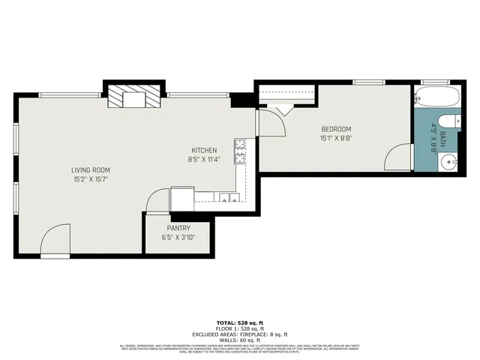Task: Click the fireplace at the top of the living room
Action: [x=133, y=97]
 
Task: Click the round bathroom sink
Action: [x=449, y=160]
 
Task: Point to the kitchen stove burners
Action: [x=240, y=151]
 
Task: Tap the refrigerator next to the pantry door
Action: [x=182, y=199]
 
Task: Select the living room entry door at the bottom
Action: [x=55, y=241]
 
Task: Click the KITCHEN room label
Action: [x=204, y=149]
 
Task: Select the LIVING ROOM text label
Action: [x=91, y=170]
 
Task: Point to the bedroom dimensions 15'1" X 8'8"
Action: [x=337, y=138]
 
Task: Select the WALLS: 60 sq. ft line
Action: [x=240, y=339]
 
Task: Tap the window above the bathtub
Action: [x=434, y=81]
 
